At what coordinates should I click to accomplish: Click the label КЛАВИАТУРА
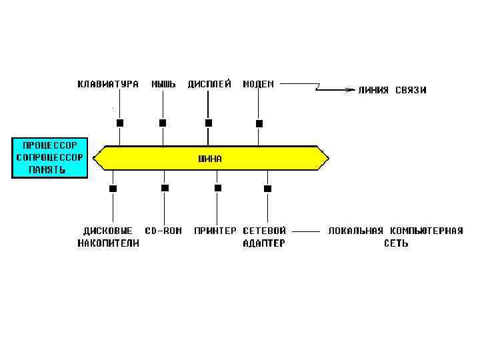[108, 85]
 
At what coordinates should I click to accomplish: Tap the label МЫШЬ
[163, 85]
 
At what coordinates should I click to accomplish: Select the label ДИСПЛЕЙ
[209, 85]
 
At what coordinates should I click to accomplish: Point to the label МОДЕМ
[258, 85]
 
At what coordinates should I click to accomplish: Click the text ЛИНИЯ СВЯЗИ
[392, 90]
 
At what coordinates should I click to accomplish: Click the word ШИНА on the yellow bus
[211, 159]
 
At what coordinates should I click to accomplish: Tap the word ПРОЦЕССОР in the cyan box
[49, 145]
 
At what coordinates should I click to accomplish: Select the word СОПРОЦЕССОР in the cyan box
[49, 157]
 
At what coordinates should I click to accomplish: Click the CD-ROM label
[163, 231]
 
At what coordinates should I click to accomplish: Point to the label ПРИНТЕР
[215, 231]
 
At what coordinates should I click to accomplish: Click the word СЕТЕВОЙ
[264, 231]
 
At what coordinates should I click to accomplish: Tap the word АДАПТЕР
[264, 243]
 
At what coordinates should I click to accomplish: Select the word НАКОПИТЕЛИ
[108, 243]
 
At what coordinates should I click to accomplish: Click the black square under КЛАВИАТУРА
[120, 123]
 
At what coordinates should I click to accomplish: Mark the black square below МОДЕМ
[259, 123]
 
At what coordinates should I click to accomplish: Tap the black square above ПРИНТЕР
[217, 188]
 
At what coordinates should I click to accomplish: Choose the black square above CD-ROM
[165, 188]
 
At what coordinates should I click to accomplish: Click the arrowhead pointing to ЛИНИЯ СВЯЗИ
[350, 90]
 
